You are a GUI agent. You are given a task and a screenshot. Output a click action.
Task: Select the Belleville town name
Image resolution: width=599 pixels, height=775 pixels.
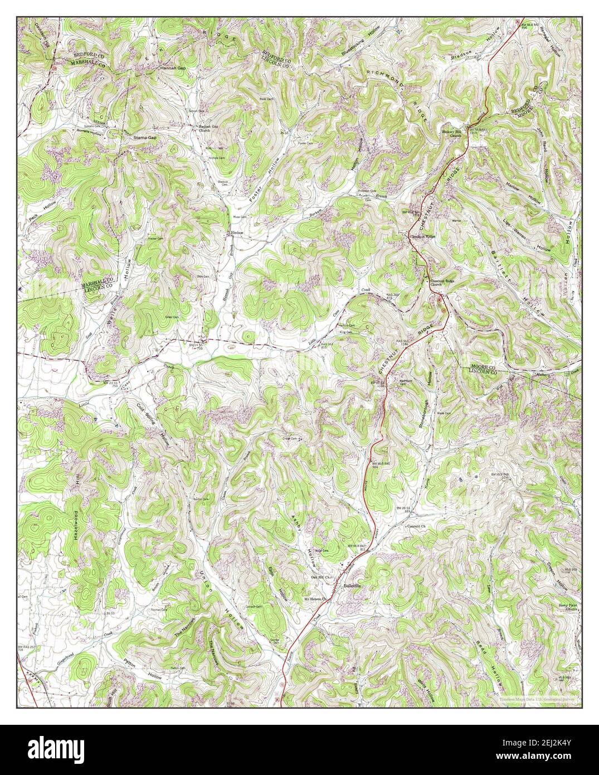point(353,586)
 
